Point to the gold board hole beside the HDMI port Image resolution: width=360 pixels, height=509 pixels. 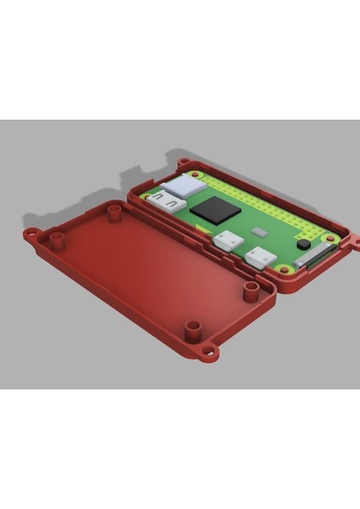coord(146,197)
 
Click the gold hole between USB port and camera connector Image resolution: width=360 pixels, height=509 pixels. coord(283,271)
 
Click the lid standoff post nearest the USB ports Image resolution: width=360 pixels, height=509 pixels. coord(251,291)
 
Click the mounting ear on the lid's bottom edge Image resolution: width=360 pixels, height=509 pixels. coord(207,350)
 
